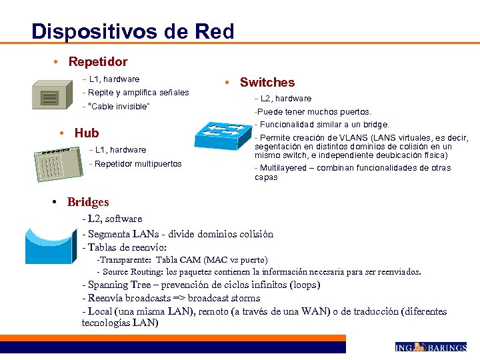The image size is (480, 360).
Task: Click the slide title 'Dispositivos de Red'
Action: [133, 31]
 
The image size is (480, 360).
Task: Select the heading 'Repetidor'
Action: [98, 62]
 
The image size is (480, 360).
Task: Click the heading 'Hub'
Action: [87, 133]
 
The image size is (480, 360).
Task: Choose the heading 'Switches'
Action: [267, 83]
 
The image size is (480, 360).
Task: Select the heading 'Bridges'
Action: [88, 202]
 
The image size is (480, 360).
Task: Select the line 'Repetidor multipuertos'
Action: [138, 164]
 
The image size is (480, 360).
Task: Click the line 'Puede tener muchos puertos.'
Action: [313, 112]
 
